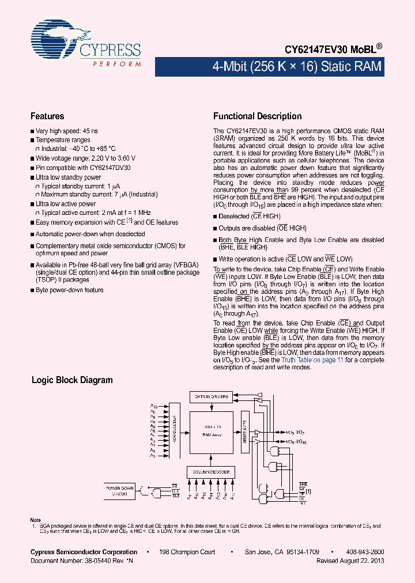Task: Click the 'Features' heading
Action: [x=47, y=116]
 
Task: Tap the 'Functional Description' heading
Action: [x=257, y=116]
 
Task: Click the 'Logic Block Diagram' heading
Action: [x=72, y=380]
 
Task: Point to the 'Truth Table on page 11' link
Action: [x=312, y=360]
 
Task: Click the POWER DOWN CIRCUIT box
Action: [x=119, y=491]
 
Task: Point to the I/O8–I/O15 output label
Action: [x=296, y=441]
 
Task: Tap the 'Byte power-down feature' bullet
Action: [x=70, y=290]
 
